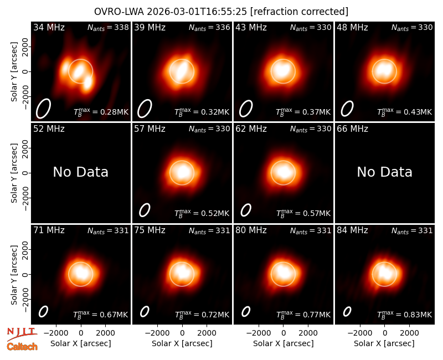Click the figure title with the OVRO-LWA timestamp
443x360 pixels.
coord(221,12)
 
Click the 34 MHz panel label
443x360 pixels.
coord(49,27)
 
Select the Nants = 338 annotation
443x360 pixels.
coord(108,27)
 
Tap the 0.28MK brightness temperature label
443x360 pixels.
coord(101,112)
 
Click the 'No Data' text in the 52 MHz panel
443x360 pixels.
coord(80,172)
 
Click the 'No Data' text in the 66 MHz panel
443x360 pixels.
coord(384,172)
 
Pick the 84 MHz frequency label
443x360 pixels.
coord(352,230)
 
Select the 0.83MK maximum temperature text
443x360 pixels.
coord(405,315)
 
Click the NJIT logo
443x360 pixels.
coord(22,333)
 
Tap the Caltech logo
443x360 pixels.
coord(22,347)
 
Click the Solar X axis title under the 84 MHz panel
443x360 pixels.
coord(384,343)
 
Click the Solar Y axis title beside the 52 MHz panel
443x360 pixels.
coord(14,173)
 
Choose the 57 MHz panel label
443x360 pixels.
coord(150,129)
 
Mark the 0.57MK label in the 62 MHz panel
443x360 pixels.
coord(303,213)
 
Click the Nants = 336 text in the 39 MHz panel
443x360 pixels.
coord(209,27)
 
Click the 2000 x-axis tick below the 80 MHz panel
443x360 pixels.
coord(308,333)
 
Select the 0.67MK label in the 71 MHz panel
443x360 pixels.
coord(101,315)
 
